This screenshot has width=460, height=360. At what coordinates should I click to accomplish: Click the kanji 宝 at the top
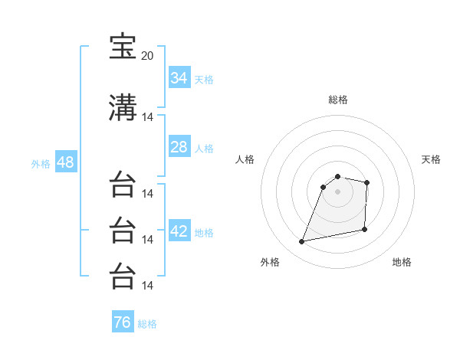click(123, 46)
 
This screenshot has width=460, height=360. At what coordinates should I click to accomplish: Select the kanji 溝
click(123, 107)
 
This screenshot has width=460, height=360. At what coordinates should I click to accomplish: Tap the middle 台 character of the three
click(123, 230)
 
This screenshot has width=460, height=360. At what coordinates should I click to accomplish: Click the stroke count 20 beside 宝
click(147, 56)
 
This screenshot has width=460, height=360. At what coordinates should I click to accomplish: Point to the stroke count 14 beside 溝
click(147, 117)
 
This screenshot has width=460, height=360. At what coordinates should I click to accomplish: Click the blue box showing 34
click(179, 77)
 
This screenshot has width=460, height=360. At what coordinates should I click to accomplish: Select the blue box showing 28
click(179, 146)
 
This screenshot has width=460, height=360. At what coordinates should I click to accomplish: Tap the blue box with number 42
click(179, 230)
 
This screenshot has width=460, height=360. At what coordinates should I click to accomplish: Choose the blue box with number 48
click(66, 162)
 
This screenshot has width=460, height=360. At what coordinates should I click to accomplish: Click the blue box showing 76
click(123, 321)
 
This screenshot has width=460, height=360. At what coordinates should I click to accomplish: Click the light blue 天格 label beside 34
click(204, 80)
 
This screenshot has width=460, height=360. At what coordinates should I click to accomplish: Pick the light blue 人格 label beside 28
click(204, 149)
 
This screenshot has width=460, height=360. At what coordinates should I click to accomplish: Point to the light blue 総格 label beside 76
click(147, 324)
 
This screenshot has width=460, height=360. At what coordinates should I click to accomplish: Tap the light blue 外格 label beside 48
click(41, 164)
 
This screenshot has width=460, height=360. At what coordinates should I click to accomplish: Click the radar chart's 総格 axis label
click(338, 100)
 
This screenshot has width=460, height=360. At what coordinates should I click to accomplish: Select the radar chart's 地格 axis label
click(402, 262)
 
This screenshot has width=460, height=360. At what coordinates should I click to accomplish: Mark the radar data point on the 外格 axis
click(301, 241)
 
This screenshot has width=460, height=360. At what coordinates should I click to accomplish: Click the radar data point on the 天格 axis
click(366, 182)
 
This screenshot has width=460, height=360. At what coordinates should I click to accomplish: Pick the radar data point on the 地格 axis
click(364, 229)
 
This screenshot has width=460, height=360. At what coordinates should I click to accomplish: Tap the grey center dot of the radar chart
click(337, 191)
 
